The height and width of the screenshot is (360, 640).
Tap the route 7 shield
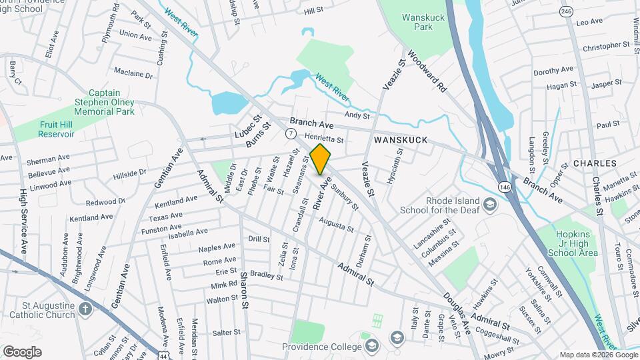(291, 134)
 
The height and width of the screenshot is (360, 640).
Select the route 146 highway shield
(503, 184)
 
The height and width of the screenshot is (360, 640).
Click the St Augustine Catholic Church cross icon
(85, 309)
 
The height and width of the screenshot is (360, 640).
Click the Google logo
(22, 351)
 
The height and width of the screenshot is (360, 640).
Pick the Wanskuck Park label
(417, 21)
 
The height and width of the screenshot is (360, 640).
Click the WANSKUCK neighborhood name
(400, 141)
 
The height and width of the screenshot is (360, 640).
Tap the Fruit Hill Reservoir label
(47, 129)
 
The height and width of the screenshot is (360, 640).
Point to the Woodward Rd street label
(427, 72)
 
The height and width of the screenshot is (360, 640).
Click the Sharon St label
(244, 285)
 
